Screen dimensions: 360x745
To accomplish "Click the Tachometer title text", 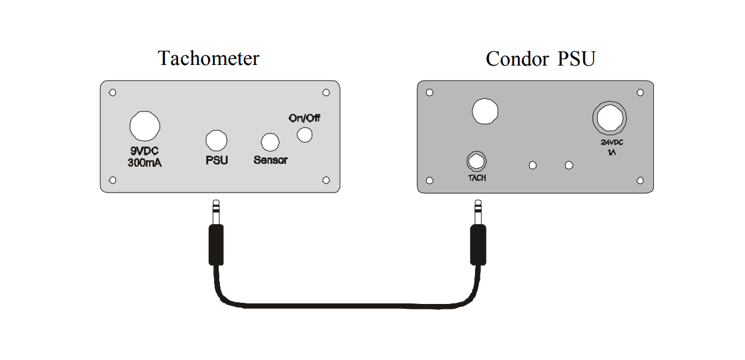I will (209, 59).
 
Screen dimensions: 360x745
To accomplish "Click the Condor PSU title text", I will (540, 59).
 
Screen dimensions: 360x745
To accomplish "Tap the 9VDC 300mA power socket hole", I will (144, 126).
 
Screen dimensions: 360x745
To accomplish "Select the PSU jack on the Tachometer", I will (216, 140).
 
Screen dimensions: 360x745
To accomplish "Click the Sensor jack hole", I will (271, 142).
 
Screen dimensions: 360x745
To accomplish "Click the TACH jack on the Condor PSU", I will (476, 161).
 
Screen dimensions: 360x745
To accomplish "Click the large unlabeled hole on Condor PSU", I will (485, 111).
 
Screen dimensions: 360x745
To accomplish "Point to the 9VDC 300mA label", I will (144, 157).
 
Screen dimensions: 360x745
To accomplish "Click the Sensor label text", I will (271, 160).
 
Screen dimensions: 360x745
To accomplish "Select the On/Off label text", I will (304, 118).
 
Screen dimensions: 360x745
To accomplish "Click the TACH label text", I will (477, 178).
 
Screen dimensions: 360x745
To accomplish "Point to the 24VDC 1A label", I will (610, 147).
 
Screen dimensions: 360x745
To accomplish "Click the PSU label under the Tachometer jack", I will (216, 160).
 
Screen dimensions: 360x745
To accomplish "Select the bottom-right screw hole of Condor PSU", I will (641, 180).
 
